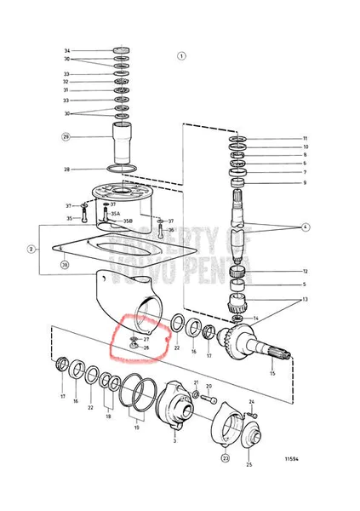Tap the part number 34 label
click(66, 51)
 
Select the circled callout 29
click(66, 136)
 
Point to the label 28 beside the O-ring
click(66, 169)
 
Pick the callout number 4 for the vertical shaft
click(305, 228)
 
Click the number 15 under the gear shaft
click(272, 373)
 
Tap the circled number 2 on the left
click(31, 250)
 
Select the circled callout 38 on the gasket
click(64, 265)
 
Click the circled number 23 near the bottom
click(226, 457)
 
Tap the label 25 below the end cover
click(249, 465)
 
